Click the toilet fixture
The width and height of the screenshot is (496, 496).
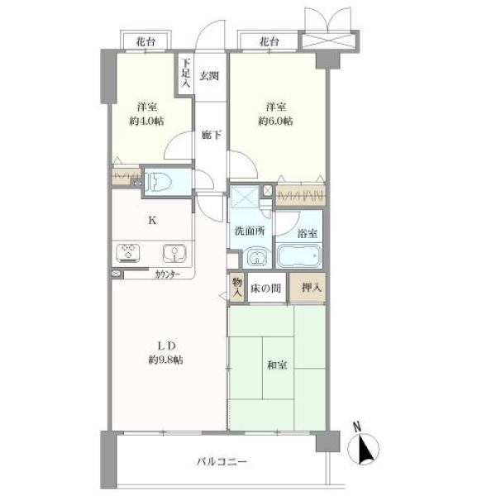click(x=158, y=182)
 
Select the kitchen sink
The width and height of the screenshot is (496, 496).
click(x=174, y=254)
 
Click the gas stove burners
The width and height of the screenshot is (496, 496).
click(x=128, y=253)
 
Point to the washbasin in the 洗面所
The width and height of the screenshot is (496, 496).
click(x=257, y=256)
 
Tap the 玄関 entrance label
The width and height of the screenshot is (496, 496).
click(x=209, y=76)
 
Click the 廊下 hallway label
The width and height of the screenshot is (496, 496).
click(x=212, y=135)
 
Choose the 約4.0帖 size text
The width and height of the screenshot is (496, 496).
click(x=146, y=121)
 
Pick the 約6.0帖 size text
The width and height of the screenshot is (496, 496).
click(x=275, y=121)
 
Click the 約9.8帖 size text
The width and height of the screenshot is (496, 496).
click(x=166, y=360)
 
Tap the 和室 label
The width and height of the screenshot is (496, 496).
click(x=278, y=365)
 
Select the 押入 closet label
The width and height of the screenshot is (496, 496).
click(x=312, y=288)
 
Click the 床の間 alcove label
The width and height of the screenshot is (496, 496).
click(x=265, y=289)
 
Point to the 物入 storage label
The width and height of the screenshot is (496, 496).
click(x=237, y=287)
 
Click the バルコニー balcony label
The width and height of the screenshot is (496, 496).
click(x=222, y=462)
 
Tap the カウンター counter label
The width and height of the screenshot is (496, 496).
click(x=168, y=274)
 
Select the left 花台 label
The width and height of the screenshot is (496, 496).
click(x=145, y=41)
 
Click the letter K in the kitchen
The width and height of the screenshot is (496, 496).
click(x=152, y=221)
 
